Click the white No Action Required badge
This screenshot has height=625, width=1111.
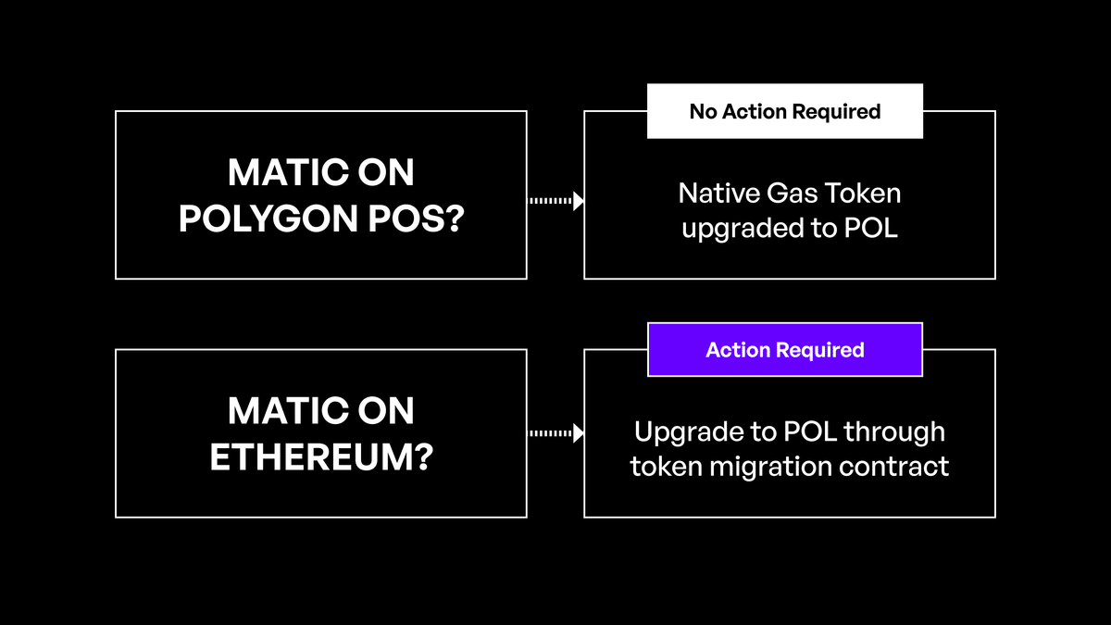784,111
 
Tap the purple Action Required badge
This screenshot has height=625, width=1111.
784,349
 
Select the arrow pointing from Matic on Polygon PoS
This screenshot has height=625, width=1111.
555,201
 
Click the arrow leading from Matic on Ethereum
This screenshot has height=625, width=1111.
555,432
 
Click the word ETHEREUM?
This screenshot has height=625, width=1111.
321,457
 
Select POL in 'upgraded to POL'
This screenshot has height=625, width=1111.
871,228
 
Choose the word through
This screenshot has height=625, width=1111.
893,431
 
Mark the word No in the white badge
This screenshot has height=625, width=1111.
703,111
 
